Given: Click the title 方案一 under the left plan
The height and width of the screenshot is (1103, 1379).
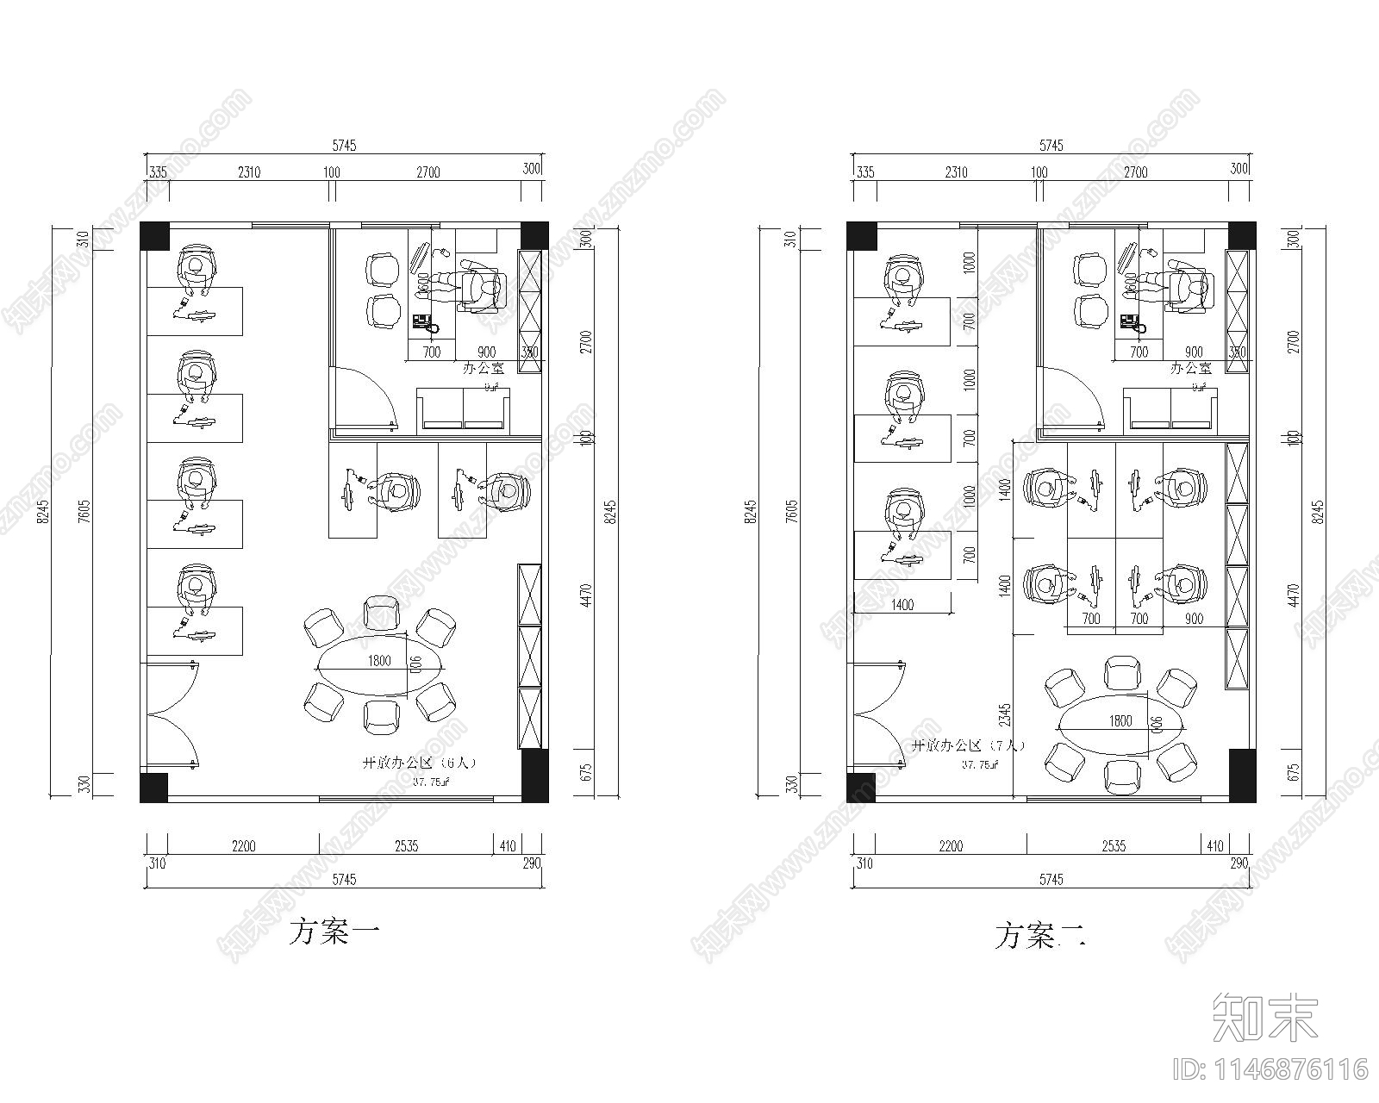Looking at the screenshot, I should [334, 932].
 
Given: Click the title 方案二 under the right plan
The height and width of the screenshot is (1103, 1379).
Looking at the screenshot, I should [1040, 936].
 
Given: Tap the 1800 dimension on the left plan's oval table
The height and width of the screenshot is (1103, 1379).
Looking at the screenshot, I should [379, 661].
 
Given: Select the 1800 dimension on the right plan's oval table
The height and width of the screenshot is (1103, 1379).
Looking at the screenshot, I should [1120, 720].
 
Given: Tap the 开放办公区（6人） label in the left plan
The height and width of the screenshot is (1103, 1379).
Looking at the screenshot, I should [419, 763].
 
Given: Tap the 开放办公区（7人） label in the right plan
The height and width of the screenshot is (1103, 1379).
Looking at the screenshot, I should [968, 745].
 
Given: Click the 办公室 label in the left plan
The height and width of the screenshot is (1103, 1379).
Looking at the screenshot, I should [483, 368].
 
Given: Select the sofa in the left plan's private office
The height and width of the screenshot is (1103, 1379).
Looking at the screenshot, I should [464, 408].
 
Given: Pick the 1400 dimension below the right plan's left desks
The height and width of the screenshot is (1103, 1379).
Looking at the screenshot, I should [902, 605].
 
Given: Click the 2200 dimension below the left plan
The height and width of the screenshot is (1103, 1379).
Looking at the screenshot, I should [243, 846].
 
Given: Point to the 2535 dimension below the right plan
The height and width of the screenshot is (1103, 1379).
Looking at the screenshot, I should [1114, 846].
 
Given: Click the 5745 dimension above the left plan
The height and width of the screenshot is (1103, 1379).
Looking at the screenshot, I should [343, 146].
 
